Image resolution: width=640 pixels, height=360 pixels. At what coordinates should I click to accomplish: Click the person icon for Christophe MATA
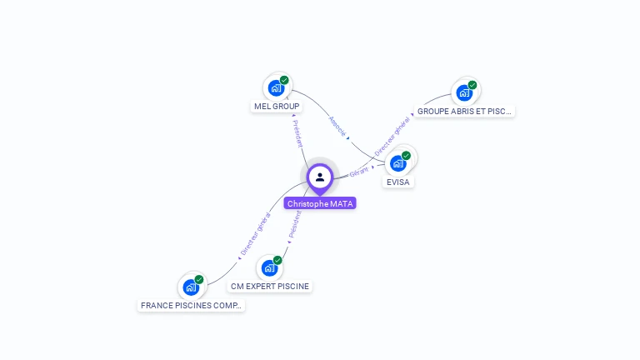point(320,177)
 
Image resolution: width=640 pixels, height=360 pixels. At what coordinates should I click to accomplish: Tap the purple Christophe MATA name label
point(320,203)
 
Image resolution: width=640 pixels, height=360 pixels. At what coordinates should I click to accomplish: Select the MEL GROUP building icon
point(275,87)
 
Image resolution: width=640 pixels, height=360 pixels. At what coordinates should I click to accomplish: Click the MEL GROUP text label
point(277,107)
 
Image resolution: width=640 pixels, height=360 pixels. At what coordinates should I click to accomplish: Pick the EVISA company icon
point(398,162)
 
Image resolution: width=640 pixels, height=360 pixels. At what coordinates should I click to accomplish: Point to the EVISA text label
point(398,182)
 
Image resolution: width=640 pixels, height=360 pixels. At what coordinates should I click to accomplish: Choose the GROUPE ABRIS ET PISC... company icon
point(464,92)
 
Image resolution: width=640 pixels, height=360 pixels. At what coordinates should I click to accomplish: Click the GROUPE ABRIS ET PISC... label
point(465,111)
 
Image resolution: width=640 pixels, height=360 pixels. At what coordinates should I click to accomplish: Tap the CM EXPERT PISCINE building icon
point(268,267)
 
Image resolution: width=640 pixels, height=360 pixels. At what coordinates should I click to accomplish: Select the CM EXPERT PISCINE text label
point(270,287)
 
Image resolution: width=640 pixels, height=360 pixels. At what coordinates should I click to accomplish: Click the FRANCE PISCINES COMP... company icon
point(191,287)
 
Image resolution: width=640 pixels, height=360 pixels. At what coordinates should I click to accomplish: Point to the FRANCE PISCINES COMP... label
point(192,306)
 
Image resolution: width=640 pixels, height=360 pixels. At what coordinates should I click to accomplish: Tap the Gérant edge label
point(359,171)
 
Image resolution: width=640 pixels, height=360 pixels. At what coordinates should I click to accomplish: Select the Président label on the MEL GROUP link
point(297,133)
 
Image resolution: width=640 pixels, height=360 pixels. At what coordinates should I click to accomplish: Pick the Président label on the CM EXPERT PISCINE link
point(293,223)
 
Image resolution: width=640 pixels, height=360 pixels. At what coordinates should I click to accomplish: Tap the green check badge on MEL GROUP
point(284,80)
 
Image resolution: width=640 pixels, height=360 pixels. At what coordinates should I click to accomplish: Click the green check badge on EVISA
point(407,155)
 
